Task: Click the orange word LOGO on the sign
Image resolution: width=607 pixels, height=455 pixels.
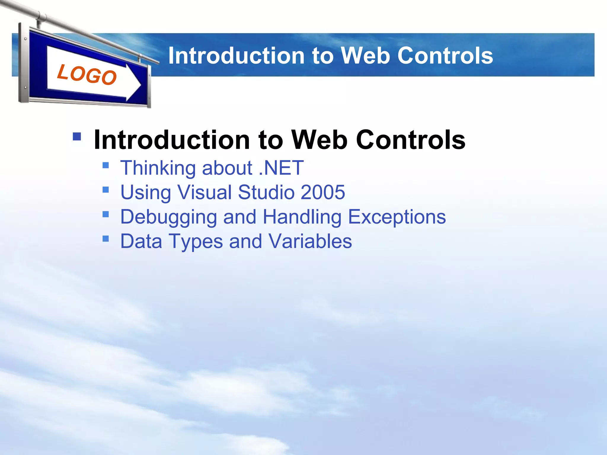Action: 87,75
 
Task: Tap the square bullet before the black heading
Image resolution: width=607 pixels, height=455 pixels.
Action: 77,136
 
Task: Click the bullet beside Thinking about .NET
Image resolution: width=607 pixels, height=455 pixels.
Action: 106,165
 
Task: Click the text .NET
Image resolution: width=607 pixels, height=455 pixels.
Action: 281,168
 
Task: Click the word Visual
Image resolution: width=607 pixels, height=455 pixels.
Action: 205,192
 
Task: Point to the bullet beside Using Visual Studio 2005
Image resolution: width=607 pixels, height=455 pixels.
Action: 106,189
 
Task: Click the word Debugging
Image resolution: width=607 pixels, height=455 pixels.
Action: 168,217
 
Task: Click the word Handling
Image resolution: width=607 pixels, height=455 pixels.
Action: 302,217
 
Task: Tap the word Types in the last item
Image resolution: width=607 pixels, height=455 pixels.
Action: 196,241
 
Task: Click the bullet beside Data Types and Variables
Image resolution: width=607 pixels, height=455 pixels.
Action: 106,238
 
